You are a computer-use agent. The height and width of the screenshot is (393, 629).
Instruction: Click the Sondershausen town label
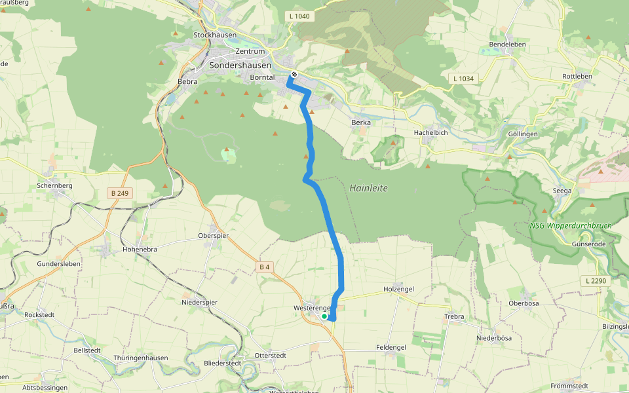(x=240, y=65)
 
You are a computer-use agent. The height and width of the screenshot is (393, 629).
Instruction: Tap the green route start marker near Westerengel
(x=324, y=316)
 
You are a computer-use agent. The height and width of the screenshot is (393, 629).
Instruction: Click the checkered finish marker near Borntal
(x=295, y=75)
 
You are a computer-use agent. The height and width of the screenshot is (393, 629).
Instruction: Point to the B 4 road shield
(x=265, y=267)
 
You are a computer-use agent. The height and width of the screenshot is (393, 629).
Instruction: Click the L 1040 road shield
(x=299, y=16)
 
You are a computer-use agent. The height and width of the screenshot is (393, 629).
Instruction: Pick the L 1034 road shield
(x=463, y=79)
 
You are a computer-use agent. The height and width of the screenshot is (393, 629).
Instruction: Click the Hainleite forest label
(x=368, y=188)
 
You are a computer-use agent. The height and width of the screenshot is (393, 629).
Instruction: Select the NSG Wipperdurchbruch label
(x=571, y=226)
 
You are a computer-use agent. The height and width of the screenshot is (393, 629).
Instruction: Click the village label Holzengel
(x=398, y=289)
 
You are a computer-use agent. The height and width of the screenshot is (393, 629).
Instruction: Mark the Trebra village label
(x=454, y=316)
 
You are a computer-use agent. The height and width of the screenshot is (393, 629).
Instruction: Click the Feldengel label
(x=391, y=347)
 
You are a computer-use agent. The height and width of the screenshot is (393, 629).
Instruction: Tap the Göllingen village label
(x=523, y=134)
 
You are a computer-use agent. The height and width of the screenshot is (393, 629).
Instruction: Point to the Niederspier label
(x=199, y=303)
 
